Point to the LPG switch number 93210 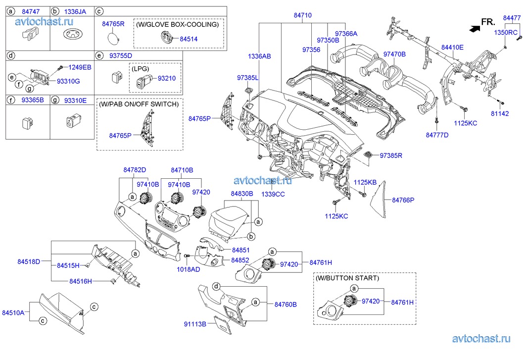[x=167, y=78]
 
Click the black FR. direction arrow [x=476, y=29]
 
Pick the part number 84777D [x=436, y=135]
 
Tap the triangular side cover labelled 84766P [x=381, y=198]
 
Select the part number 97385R [x=391, y=155]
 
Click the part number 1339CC [x=273, y=194]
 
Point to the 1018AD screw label [x=189, y=269]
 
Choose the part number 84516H [x=81, y=281]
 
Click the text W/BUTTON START [x=347, y=278]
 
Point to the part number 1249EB [x=80, y=67]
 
